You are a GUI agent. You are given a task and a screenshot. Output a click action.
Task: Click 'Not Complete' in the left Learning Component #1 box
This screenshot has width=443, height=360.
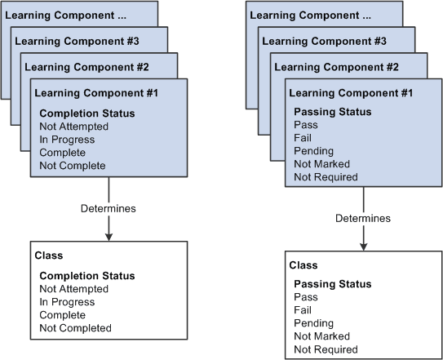(73, 166)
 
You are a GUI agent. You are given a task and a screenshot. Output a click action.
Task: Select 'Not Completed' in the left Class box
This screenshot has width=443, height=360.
(75, 328)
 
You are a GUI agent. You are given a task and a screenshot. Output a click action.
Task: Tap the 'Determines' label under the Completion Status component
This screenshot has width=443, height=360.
(108, 208)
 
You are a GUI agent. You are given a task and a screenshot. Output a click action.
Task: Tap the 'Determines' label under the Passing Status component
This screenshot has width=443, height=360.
(362, 218)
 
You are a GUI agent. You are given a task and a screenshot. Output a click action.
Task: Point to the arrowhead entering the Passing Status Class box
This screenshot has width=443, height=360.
(362, 247)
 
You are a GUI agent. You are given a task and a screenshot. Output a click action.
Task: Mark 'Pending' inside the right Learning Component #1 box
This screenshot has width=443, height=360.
(312, 151)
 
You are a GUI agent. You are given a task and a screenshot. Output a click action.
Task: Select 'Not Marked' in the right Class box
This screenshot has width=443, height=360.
(321, 336)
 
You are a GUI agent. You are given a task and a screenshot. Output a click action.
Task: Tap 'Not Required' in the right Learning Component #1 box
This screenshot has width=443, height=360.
(326, 177)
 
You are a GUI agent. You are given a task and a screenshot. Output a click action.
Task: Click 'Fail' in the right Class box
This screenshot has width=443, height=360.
(303, 310)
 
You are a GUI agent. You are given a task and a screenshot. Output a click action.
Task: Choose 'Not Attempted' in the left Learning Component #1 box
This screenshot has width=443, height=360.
(74, 127)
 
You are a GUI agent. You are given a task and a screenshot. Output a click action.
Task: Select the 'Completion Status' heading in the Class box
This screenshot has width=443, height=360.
(87, 276)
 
